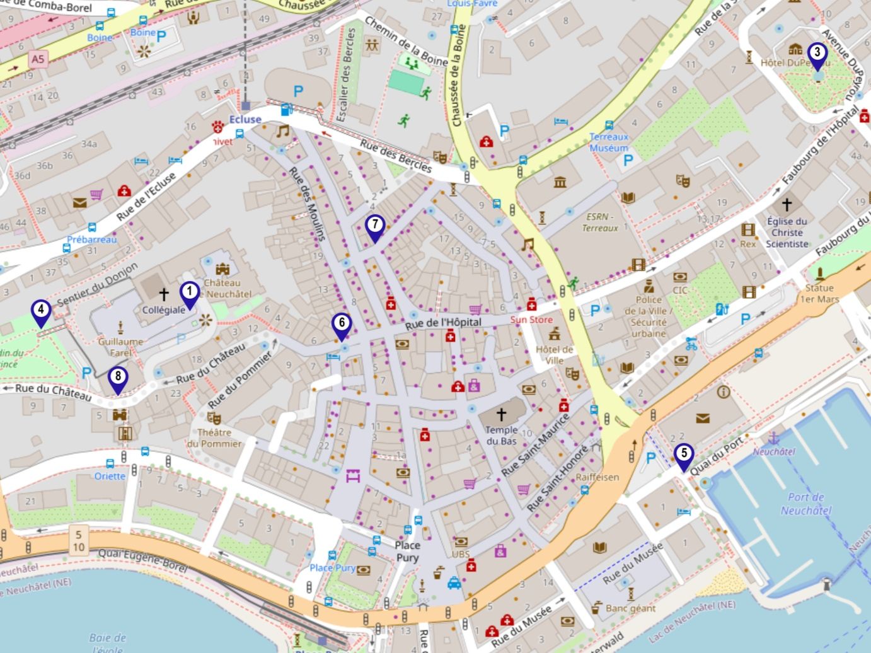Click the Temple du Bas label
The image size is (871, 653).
(501, 436)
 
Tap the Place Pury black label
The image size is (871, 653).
(407, 552)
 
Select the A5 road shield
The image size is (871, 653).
(38, 59)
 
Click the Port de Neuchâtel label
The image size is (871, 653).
(805, 504)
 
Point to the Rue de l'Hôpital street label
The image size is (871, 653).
(443, 323)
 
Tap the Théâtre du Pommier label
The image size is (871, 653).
(214, 438)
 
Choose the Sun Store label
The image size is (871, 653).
(531, 320)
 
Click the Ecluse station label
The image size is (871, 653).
(245, 119)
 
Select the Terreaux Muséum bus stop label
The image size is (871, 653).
(609, 142)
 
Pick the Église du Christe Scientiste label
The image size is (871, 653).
(787, 233)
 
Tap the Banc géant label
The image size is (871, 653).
(630, 608)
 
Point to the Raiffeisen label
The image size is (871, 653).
(597, 477)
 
